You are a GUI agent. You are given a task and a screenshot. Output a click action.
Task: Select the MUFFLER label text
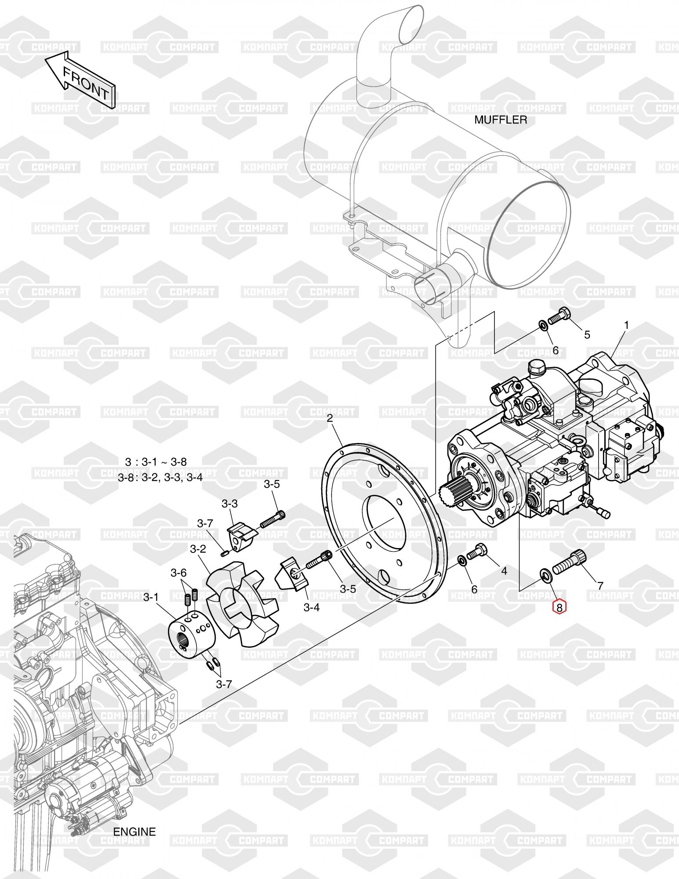(501, 120)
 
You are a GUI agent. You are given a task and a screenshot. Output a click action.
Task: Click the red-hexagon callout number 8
(559, 607)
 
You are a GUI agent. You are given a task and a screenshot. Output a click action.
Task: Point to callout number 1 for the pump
(627, 326)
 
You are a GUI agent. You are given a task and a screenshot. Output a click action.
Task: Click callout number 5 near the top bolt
(587, 335)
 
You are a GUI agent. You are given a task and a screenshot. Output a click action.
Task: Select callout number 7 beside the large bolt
(600, 585)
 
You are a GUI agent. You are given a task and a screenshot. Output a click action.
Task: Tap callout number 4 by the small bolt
(504, 570)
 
